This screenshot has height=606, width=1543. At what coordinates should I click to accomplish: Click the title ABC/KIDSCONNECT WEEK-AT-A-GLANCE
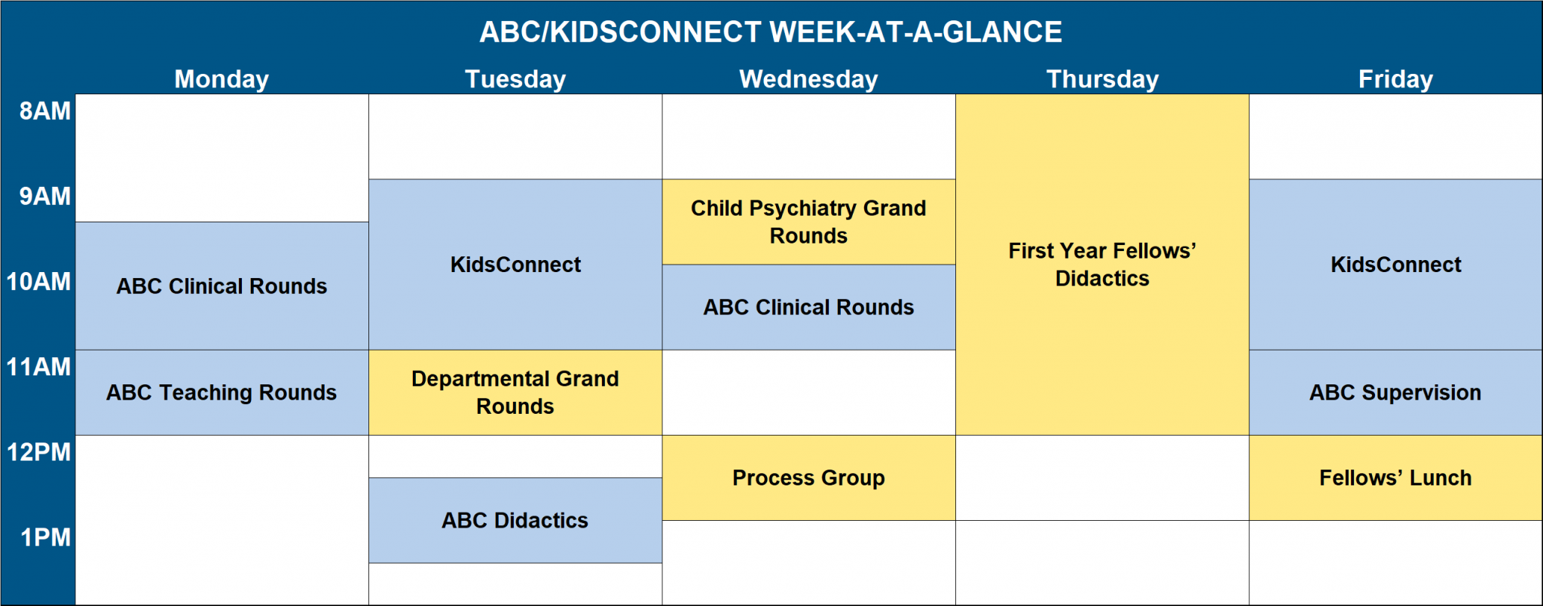click(771, 32)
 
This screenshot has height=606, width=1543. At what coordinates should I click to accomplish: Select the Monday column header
click(222, 79)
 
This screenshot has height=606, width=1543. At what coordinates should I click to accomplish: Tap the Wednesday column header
click(808, 79)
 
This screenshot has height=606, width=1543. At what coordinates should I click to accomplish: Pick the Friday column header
click(1395, 79)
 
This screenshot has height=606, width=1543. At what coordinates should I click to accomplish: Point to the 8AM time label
click(44, 111)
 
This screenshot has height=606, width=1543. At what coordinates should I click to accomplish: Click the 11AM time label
click(38, 367)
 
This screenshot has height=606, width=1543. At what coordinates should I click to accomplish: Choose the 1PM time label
click(45, 537)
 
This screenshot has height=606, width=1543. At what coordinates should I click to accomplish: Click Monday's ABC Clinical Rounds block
click(222, 286)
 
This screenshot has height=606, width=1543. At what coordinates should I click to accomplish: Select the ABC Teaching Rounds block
click(222, 392)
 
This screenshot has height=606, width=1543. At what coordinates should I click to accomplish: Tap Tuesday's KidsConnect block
click(515, 265)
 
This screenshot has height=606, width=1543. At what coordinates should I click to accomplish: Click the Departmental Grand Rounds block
click(515, 392)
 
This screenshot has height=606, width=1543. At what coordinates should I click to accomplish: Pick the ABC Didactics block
click(515, 520)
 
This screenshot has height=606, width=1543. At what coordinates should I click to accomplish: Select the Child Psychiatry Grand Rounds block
click(808, 222)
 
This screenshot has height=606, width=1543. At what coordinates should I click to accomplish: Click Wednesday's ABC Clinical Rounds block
click(808, 307)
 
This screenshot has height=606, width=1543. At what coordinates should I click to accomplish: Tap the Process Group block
click(808, 478)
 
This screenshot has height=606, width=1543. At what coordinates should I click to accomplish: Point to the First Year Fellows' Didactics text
click(1102, 265)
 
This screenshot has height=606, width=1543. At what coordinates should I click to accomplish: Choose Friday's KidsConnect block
click(1395, 265)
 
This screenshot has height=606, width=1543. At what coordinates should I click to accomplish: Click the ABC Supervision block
click(1395, 392)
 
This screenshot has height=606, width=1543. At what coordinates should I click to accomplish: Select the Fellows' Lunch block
click(1395, 478)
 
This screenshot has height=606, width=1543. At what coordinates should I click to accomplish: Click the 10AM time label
click(38, 282)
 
